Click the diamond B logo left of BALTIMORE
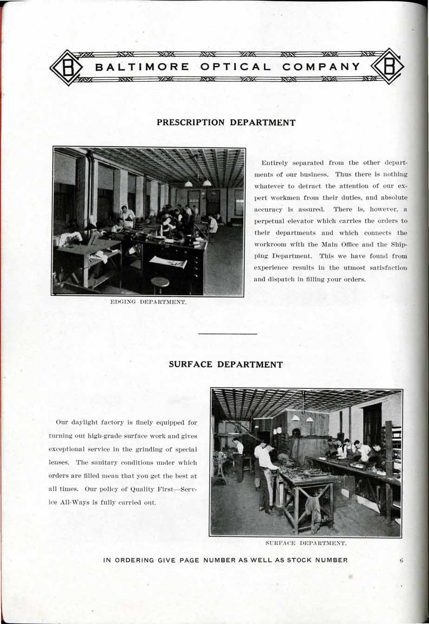coord(66,68)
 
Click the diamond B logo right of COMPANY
coord(388,66)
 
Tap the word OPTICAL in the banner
coord(235,67)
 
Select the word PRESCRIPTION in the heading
coord(190,123)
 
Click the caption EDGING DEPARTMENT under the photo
coord(148,302)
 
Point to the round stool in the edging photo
coord(160,282)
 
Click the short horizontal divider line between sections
coord(227,333)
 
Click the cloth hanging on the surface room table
coord(313,508)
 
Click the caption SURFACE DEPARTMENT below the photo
coord(306,543)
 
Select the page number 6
coord(401,560)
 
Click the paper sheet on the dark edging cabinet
coord(168,261)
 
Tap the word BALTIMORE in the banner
coord(142,67)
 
